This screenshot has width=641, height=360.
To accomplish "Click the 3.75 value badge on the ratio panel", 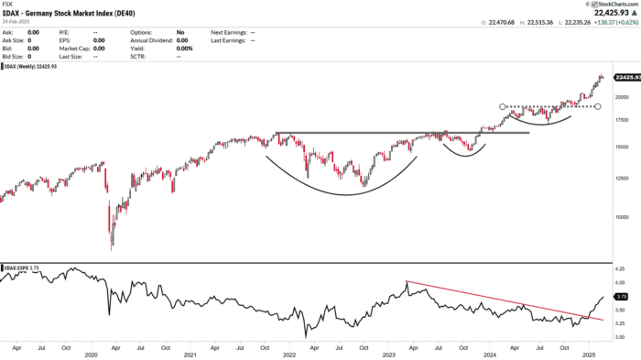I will pyautogui.click(x=621, y=297).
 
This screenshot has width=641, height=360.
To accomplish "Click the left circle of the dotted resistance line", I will pyautogui.click(x=503, y=106).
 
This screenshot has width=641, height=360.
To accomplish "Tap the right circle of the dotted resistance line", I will pyautogui.click(x=598, y=106).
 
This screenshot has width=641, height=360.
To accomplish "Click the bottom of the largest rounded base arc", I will pyautogui.click(x=343, y=194).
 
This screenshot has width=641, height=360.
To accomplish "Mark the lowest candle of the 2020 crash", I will pyautogui.click(x=113, y=247).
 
